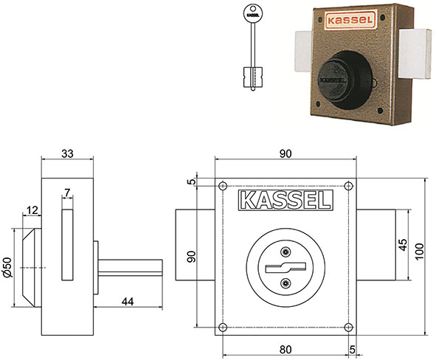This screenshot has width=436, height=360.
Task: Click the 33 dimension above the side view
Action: pos(67,153)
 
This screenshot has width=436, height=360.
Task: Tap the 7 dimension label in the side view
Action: pos(67,192)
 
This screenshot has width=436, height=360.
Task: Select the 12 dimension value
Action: pos(32,210)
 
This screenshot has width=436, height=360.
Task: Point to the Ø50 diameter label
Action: pos(7,267)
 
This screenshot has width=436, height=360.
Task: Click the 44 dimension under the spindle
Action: pos(128,301)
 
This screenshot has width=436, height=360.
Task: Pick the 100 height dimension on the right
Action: pos(419,252)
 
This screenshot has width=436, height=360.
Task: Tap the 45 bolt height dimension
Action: pos(403,245)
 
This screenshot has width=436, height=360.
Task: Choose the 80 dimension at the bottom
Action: pos(286,350)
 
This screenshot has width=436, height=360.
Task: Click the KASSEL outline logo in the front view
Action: pos(286,200)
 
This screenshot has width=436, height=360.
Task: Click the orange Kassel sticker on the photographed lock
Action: pos(350,20)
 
